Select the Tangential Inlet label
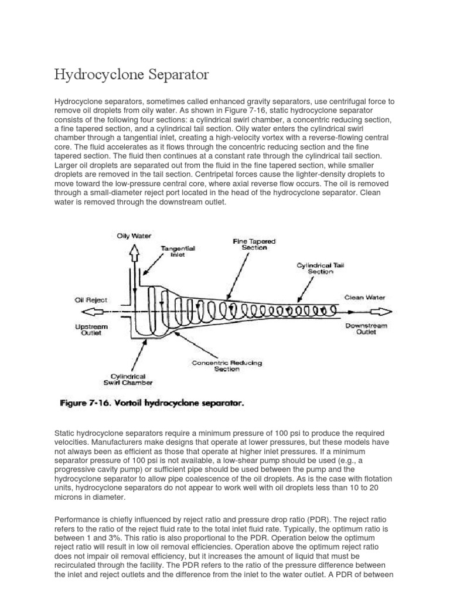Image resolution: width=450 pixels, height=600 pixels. pyautogui.click(x=178, y=251)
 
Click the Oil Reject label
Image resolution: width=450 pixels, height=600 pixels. pyautogui.click(x=91, y=299)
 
